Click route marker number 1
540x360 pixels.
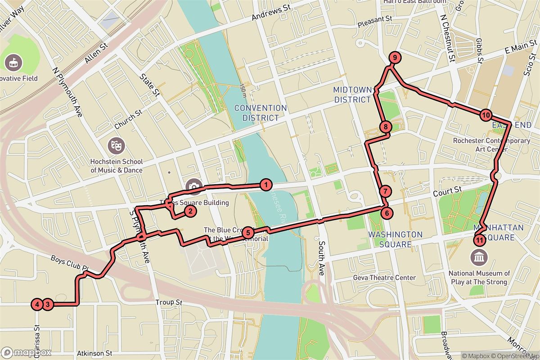[266, 184]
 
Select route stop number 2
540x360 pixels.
[190, 211]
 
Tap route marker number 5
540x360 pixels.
[248, 233]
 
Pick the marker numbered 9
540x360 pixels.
[394, 58]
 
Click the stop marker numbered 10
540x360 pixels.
[485, 115]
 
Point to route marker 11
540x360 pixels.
[480, 240]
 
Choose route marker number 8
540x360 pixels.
[385, 127]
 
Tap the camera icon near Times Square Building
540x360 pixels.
[194, 186]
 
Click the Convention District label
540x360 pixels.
[261, 113]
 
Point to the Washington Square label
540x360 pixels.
[395, 239]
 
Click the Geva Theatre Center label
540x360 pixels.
[385, 278]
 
